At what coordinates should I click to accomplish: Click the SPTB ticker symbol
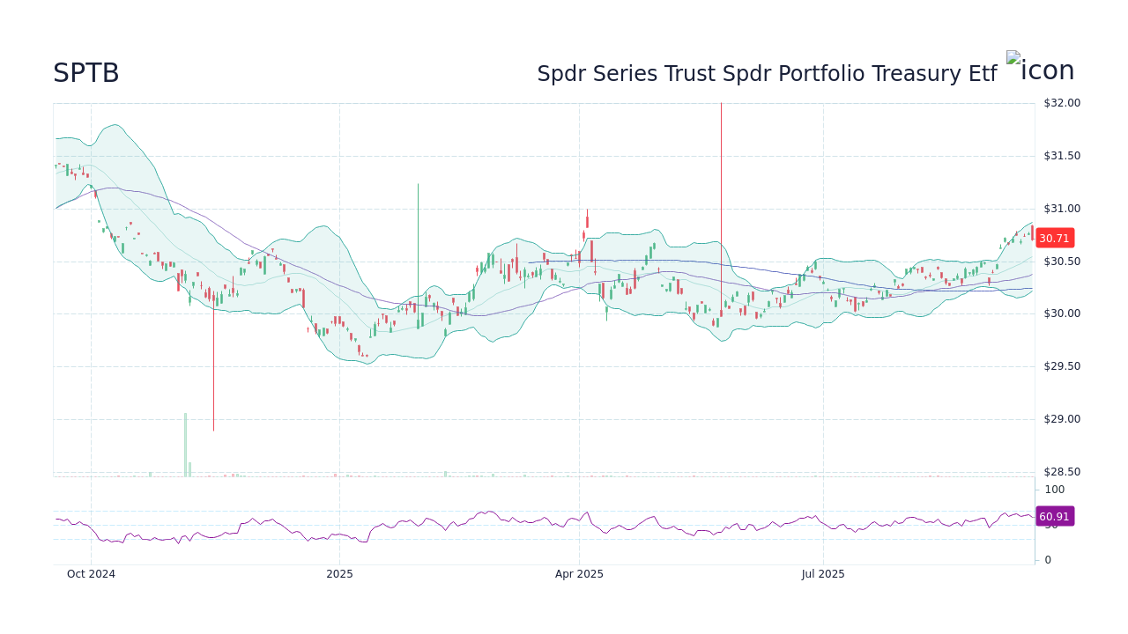85,74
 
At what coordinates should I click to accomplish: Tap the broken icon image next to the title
1040,70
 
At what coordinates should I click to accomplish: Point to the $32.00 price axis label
1061,103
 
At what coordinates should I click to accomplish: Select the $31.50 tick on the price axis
1061,156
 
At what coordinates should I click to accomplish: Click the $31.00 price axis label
1061,209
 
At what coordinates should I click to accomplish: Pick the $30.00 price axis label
1061,313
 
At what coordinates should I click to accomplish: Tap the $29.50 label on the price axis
1061,366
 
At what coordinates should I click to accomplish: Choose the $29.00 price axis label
1061,419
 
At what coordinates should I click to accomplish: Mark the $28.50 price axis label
1061,472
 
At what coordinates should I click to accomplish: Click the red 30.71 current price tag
1054,238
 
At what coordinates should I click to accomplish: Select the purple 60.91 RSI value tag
1054,517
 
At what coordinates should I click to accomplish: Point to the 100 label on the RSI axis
1055,490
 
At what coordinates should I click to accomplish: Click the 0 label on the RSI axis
1048,560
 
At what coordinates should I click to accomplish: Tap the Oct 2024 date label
91,574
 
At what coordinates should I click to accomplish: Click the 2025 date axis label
339,574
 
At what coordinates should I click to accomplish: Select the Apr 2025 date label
579,574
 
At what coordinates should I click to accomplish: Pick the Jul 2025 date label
823,574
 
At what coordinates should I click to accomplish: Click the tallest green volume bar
185,445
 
